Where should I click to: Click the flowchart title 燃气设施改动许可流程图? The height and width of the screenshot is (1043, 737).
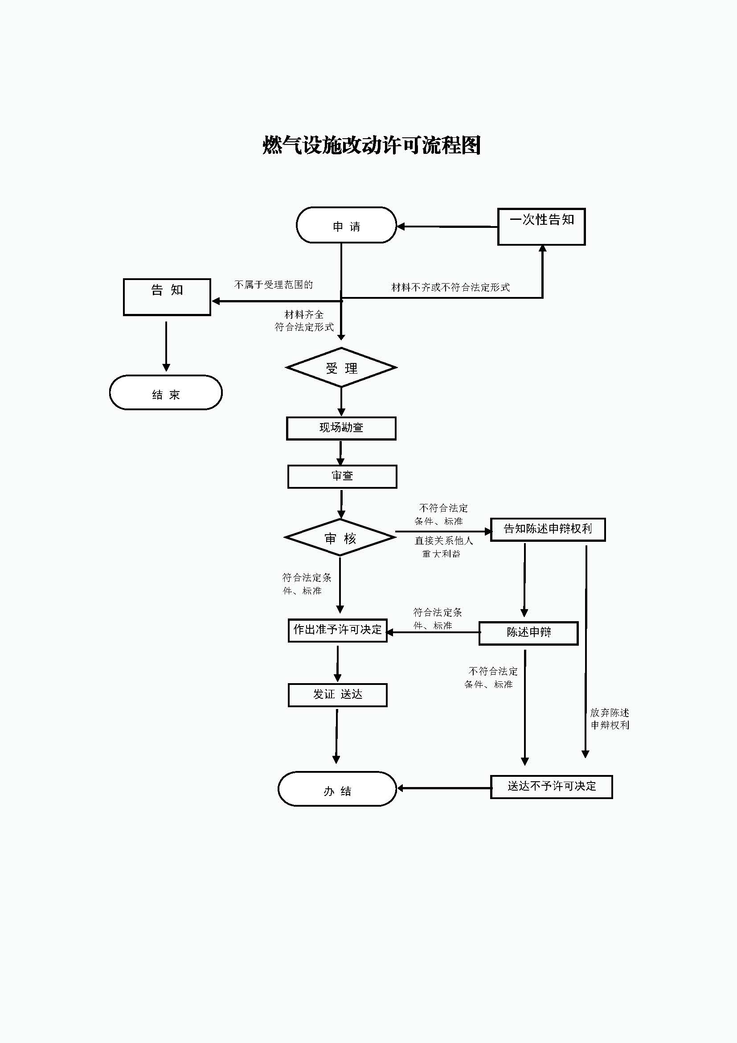pyautogui.click(x=371, y=145)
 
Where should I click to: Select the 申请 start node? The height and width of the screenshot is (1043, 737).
pyautogui.click(x=346, y=225)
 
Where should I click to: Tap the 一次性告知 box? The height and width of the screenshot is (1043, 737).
pyautogui.click(x=541, y=227)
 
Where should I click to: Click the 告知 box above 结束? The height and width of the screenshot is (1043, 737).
pyautogui.click(x=167, y=297)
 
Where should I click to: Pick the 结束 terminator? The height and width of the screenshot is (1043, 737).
pyautogui.click(x=166, y=392)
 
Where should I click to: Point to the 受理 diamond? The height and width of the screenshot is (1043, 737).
pyautogui.click(x=341, y=367)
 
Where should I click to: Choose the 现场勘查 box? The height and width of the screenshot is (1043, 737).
pyautogui.click(x=341, y=429)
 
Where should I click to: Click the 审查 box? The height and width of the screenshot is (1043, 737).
pyautogui.click(x=342, y=477)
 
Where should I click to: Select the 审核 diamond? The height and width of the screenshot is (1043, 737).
pyautogui.click(x=340, y=538)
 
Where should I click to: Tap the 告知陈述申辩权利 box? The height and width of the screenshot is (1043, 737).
pyautogui.click(x=548, y=530)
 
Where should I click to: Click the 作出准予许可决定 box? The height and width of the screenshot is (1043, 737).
pyautogui.click(x=338, y=631)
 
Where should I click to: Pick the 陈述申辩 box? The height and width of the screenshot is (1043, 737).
pyautogui.click(x=529, y=633)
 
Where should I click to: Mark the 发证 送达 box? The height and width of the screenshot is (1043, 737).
pyautogui.click(x=338, y=695)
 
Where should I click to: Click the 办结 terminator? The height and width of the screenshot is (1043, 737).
pyautogui.click(x=337, y=789)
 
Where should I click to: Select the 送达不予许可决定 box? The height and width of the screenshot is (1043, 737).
pyautogui.click(x=551, y=787)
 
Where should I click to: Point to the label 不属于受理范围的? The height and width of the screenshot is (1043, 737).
pyautogui.click(x=273, y=285)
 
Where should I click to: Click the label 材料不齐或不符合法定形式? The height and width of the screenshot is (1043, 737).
pyautogui.click(x=450, y=287)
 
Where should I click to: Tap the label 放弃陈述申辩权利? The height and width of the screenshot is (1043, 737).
pyautogui.click(x=610, y=719)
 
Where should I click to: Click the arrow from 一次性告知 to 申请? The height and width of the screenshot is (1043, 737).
pyautogui.click(x=447, y=226)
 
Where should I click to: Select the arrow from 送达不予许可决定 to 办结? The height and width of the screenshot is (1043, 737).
pyautogui.click(x=444, y=788)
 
